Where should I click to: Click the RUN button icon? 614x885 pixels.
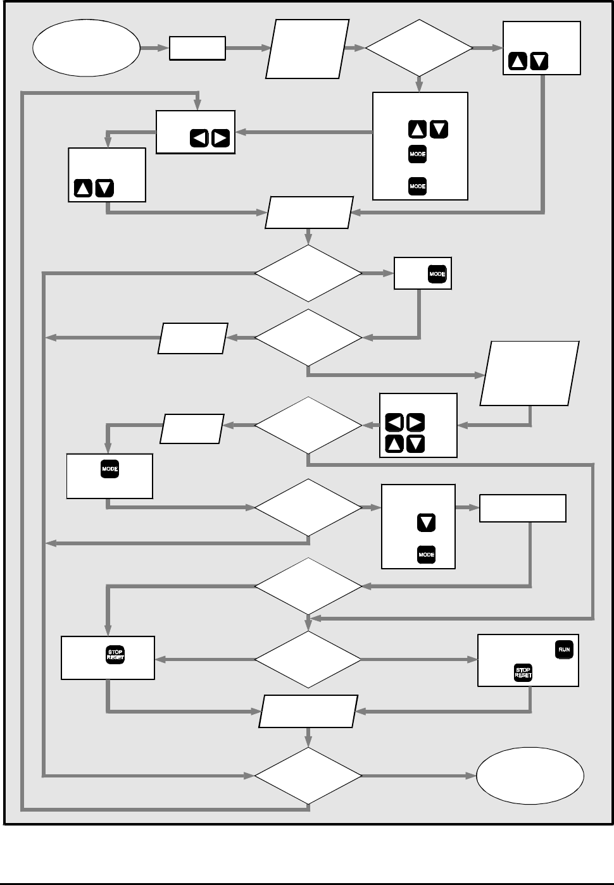click(563, 650)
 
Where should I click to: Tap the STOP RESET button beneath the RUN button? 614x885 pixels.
click(523, 672)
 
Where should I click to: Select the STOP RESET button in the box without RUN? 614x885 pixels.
click(115, 655)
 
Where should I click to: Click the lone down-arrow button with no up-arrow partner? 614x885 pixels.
click(426, 523)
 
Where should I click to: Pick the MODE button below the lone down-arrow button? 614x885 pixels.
click(426, 555)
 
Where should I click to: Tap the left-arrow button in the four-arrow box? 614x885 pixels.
click(394, 423)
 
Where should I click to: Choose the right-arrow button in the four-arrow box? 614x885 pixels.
click(415, 423)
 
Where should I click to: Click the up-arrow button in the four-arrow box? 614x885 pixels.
click(394, 443)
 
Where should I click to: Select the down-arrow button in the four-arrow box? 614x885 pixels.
click(415, 443)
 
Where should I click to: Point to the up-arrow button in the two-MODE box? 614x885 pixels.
click(417, 130)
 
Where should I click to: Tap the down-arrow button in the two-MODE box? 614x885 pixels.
click(439, 130)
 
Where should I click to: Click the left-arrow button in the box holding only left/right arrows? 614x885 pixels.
click(199, 138)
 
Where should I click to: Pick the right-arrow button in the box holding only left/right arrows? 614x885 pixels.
click(220, 138)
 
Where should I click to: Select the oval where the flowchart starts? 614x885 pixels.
click(86, 48)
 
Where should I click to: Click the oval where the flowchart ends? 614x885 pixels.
click(530, 776)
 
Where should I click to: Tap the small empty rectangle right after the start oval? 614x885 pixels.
click(197, 48)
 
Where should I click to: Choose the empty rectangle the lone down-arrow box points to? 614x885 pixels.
click(522, 509)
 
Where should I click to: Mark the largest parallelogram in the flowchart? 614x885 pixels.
click(530, 373)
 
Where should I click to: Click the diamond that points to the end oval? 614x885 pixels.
click(308, 776)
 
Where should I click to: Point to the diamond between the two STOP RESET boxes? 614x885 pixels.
click(308, 659)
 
